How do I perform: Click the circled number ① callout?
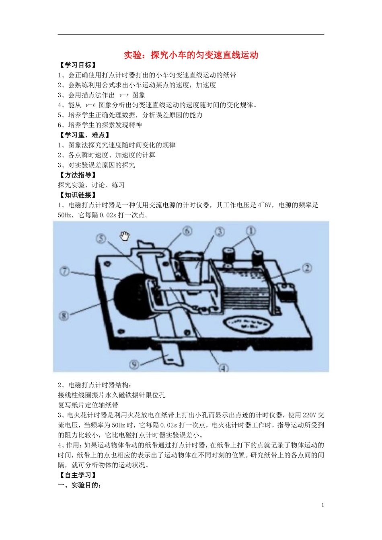pos(251,231)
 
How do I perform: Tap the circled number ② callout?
pos(307,268)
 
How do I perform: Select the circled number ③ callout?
pos(219,232)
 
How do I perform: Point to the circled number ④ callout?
pos(223,368)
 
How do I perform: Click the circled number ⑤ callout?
pos(101,239)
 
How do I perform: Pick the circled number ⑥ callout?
pos(187,231)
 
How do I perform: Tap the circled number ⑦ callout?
pos(64,271)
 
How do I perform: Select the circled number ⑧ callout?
pos(64,316)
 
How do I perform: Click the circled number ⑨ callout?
pos(134,364)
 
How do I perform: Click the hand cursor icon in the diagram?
pos(125,236)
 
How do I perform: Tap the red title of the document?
pos(191,55)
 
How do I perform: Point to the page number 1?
pos(322,505)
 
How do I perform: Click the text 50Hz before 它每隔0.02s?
pos(64,215)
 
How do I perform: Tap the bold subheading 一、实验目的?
pos(79,485)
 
